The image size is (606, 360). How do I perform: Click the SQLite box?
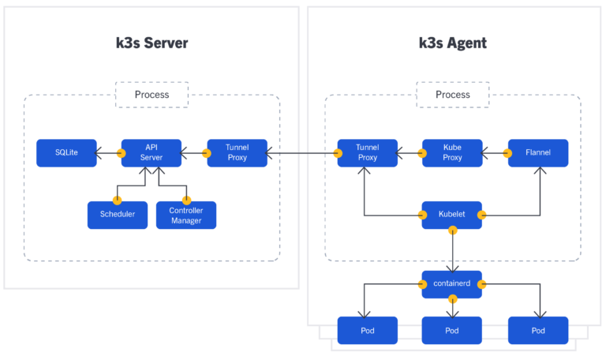coord(66,153)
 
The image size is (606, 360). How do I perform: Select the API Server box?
coord(151,153)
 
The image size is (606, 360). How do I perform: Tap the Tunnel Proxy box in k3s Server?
coord(237,153)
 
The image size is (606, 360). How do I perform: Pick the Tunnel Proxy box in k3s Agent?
coord(367,153)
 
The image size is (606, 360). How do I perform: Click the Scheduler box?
coord(118,215)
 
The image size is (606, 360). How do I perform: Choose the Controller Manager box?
coord(186,215)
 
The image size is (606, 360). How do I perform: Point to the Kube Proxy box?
coord(452,153)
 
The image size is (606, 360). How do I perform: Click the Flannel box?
coord(538,153)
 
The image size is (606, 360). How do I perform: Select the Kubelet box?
coord(452,215)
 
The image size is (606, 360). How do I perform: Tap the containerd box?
coord(452,284)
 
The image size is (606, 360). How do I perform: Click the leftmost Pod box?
coord(367,330)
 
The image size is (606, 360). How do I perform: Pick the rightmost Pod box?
coord(538,330)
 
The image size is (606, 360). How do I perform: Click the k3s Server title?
coord(151,43)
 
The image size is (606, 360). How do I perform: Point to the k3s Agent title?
coord(453,43)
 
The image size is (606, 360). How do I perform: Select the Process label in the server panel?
coord(151,95)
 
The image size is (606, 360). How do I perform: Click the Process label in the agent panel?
coord(453,95)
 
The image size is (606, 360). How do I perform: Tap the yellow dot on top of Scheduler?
coord(117,201)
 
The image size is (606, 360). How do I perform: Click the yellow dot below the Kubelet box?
coord(453,231)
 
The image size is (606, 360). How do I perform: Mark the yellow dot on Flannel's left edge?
coord(507,153)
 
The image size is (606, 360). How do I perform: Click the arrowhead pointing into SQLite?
coord(98,153)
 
